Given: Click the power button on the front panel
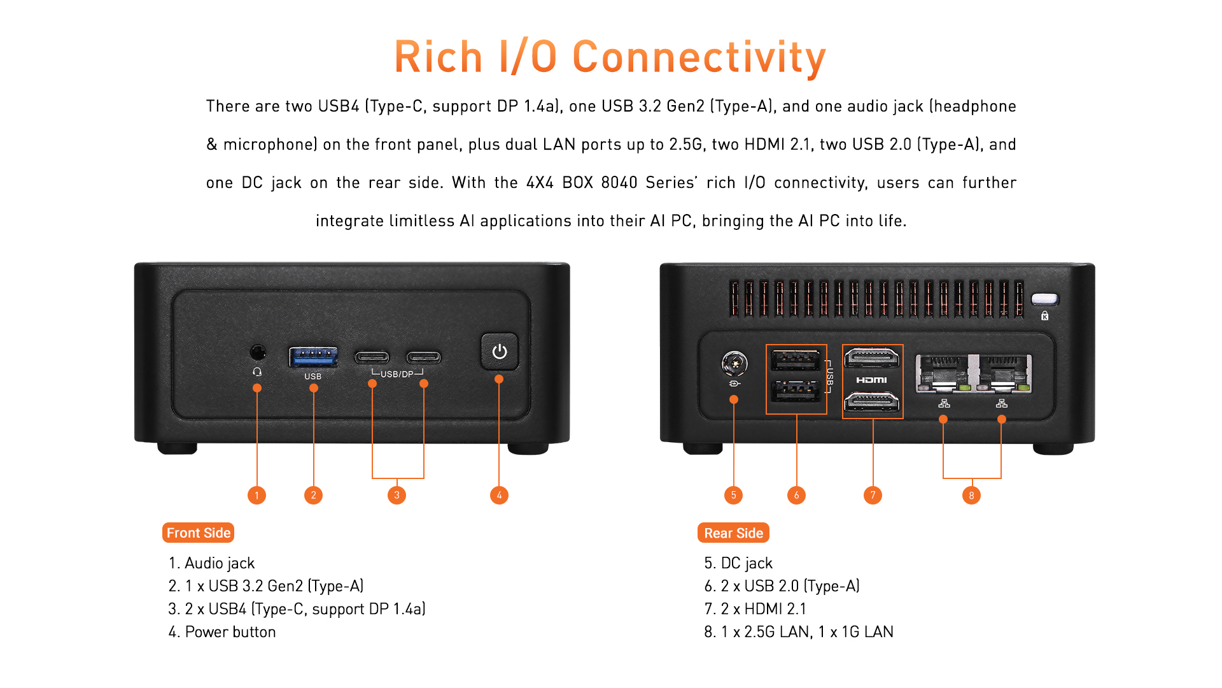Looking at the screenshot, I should click(x=500, y=351).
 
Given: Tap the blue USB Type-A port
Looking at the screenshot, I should click(x=313, y=357).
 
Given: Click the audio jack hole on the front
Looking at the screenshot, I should click(x=257, y=352).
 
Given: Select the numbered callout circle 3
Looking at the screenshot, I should click(x=397, y=495).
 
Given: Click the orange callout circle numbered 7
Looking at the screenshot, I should click(x=873, y=495).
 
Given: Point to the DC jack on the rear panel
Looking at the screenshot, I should click(x=734, y=363).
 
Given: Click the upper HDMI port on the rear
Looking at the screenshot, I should click(x=872, y=358).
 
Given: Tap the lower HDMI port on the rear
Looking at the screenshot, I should click(x=872, y=402).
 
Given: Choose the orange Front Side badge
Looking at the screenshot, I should click(x=199, y=533).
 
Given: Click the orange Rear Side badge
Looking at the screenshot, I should click(x=733, y=533).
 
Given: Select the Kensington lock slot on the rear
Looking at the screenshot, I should click(x=1044, y=299).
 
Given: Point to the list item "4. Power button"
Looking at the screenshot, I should click(x=222, y=632).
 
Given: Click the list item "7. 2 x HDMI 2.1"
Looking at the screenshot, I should click(x=755, y=609).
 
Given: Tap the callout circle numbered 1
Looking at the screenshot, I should click(x=256, y=495).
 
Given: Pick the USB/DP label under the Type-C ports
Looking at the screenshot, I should click(x=397, y=374).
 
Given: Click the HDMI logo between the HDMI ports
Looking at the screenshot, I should click(x=871, y=380).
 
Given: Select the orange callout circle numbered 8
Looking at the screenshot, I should click(x=971, y=495).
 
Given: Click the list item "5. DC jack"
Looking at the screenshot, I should click(x=738, y=563).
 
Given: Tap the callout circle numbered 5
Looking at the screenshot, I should click(x=733, y=495).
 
